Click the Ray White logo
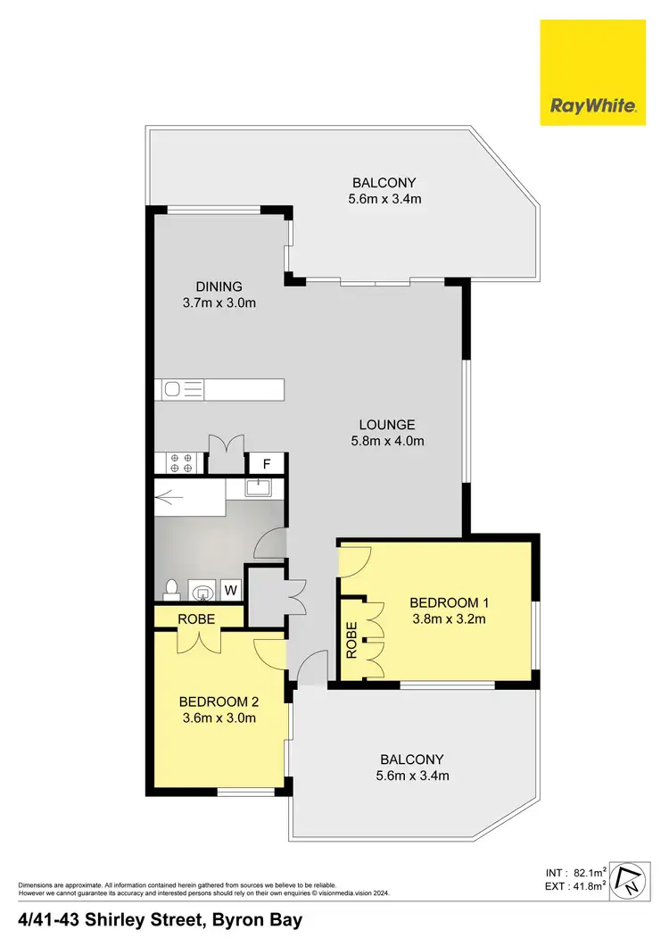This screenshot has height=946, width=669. pos(592,73)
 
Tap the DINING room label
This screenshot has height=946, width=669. pos(219,286)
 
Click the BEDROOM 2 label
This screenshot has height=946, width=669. pos(218,701)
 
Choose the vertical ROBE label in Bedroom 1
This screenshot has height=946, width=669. pos(351,639)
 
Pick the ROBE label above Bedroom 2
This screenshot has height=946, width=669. pos(194,617)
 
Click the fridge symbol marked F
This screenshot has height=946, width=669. pos(266,464)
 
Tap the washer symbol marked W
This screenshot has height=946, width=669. pos(230,589)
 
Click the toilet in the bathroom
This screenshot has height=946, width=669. pos(172,589)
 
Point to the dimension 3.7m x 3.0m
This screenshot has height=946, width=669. pos(219,303)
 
